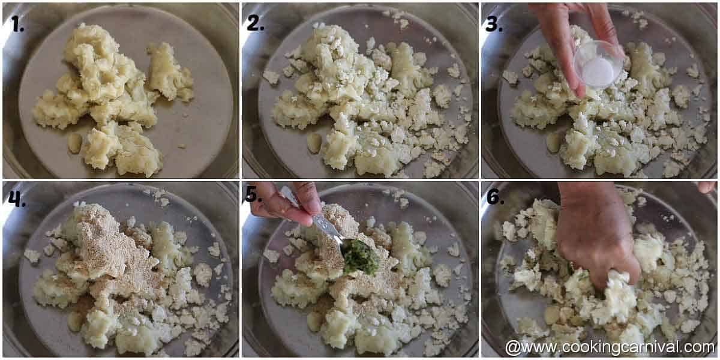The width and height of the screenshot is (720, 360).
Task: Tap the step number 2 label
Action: point(255,22)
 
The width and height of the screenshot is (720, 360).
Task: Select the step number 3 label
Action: point(494,23)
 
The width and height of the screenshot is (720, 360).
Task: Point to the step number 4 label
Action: point(17,199)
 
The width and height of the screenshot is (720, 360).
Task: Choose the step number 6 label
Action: point(494,196)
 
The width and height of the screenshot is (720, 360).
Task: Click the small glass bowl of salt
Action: point(596,65)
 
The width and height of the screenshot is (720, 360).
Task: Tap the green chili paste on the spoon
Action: point(361,258)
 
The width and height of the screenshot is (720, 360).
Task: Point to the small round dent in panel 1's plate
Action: point(75,143)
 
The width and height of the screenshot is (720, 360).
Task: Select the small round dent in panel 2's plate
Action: point(314,143)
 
